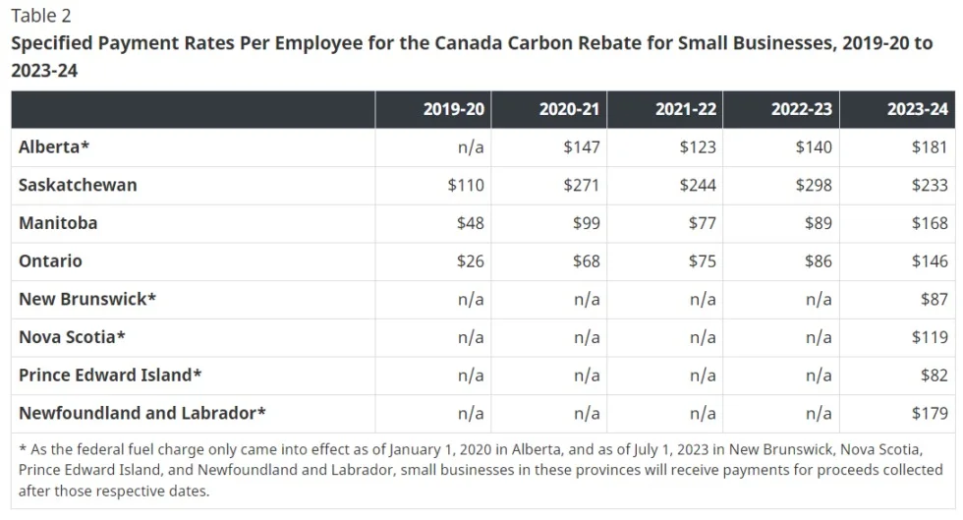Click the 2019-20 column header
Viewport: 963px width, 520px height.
click(x=453, y=109)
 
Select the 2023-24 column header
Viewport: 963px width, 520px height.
click(x=917, y=109)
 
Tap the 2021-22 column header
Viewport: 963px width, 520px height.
click(x=686, y=109)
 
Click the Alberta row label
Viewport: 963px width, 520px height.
click(x=54, y=146)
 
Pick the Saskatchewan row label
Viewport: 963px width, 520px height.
click(x=78, y=185)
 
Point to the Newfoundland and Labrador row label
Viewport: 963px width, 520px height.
click(x=142, y=413)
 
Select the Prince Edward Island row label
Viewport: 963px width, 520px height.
click(x=110, y=375)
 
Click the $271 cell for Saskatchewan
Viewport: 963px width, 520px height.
click(x=581, y=185)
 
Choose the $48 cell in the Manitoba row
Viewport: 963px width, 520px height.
click(x=470, y=223)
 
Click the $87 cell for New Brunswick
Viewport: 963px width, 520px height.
click(x=934, y=299)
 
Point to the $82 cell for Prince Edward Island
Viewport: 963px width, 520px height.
click(x=934, y=375)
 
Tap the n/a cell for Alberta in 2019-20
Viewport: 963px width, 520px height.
click(x=471, y=146)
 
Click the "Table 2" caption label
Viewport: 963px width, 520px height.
click(x=41, y=16)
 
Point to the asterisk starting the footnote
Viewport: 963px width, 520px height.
click(x=23, y=448)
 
